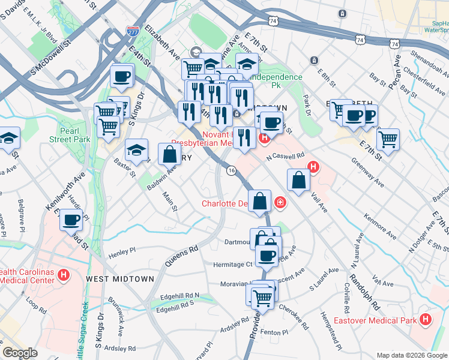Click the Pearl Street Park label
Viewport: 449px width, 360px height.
[74, 135]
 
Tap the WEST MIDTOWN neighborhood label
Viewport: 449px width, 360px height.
[120, 279]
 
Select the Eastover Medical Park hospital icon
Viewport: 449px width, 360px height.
[426, 320]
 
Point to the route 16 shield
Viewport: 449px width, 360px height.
[231, 171]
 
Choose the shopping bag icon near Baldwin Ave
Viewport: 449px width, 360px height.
[169, 154]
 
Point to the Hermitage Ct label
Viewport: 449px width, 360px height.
[233, 264]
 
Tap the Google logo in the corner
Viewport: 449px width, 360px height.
[20, 353]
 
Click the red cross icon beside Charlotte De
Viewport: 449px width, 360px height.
[280, 204]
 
